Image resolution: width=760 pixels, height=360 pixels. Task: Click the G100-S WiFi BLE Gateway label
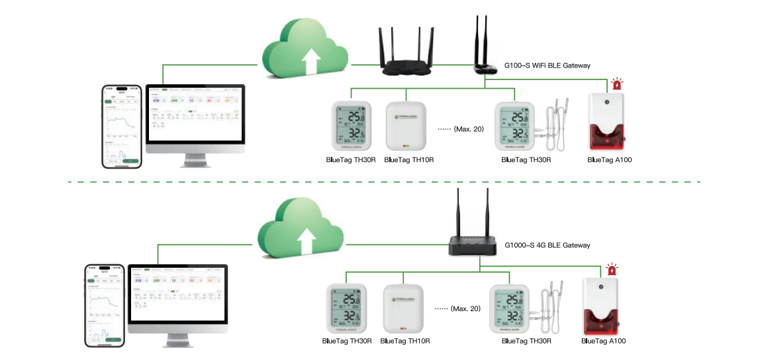pos(547,66)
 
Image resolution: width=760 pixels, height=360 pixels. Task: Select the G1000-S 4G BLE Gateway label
pos(547,245)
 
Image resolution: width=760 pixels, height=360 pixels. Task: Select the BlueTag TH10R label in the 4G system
pos(407,341)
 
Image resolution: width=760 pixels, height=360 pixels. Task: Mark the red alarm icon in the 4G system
pos(612,269)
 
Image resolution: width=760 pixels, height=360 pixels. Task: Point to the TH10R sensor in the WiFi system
pos(405,126)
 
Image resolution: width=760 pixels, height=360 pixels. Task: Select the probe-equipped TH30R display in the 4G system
pos(509,308)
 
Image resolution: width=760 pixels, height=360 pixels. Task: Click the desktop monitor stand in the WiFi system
pos(195,158)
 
